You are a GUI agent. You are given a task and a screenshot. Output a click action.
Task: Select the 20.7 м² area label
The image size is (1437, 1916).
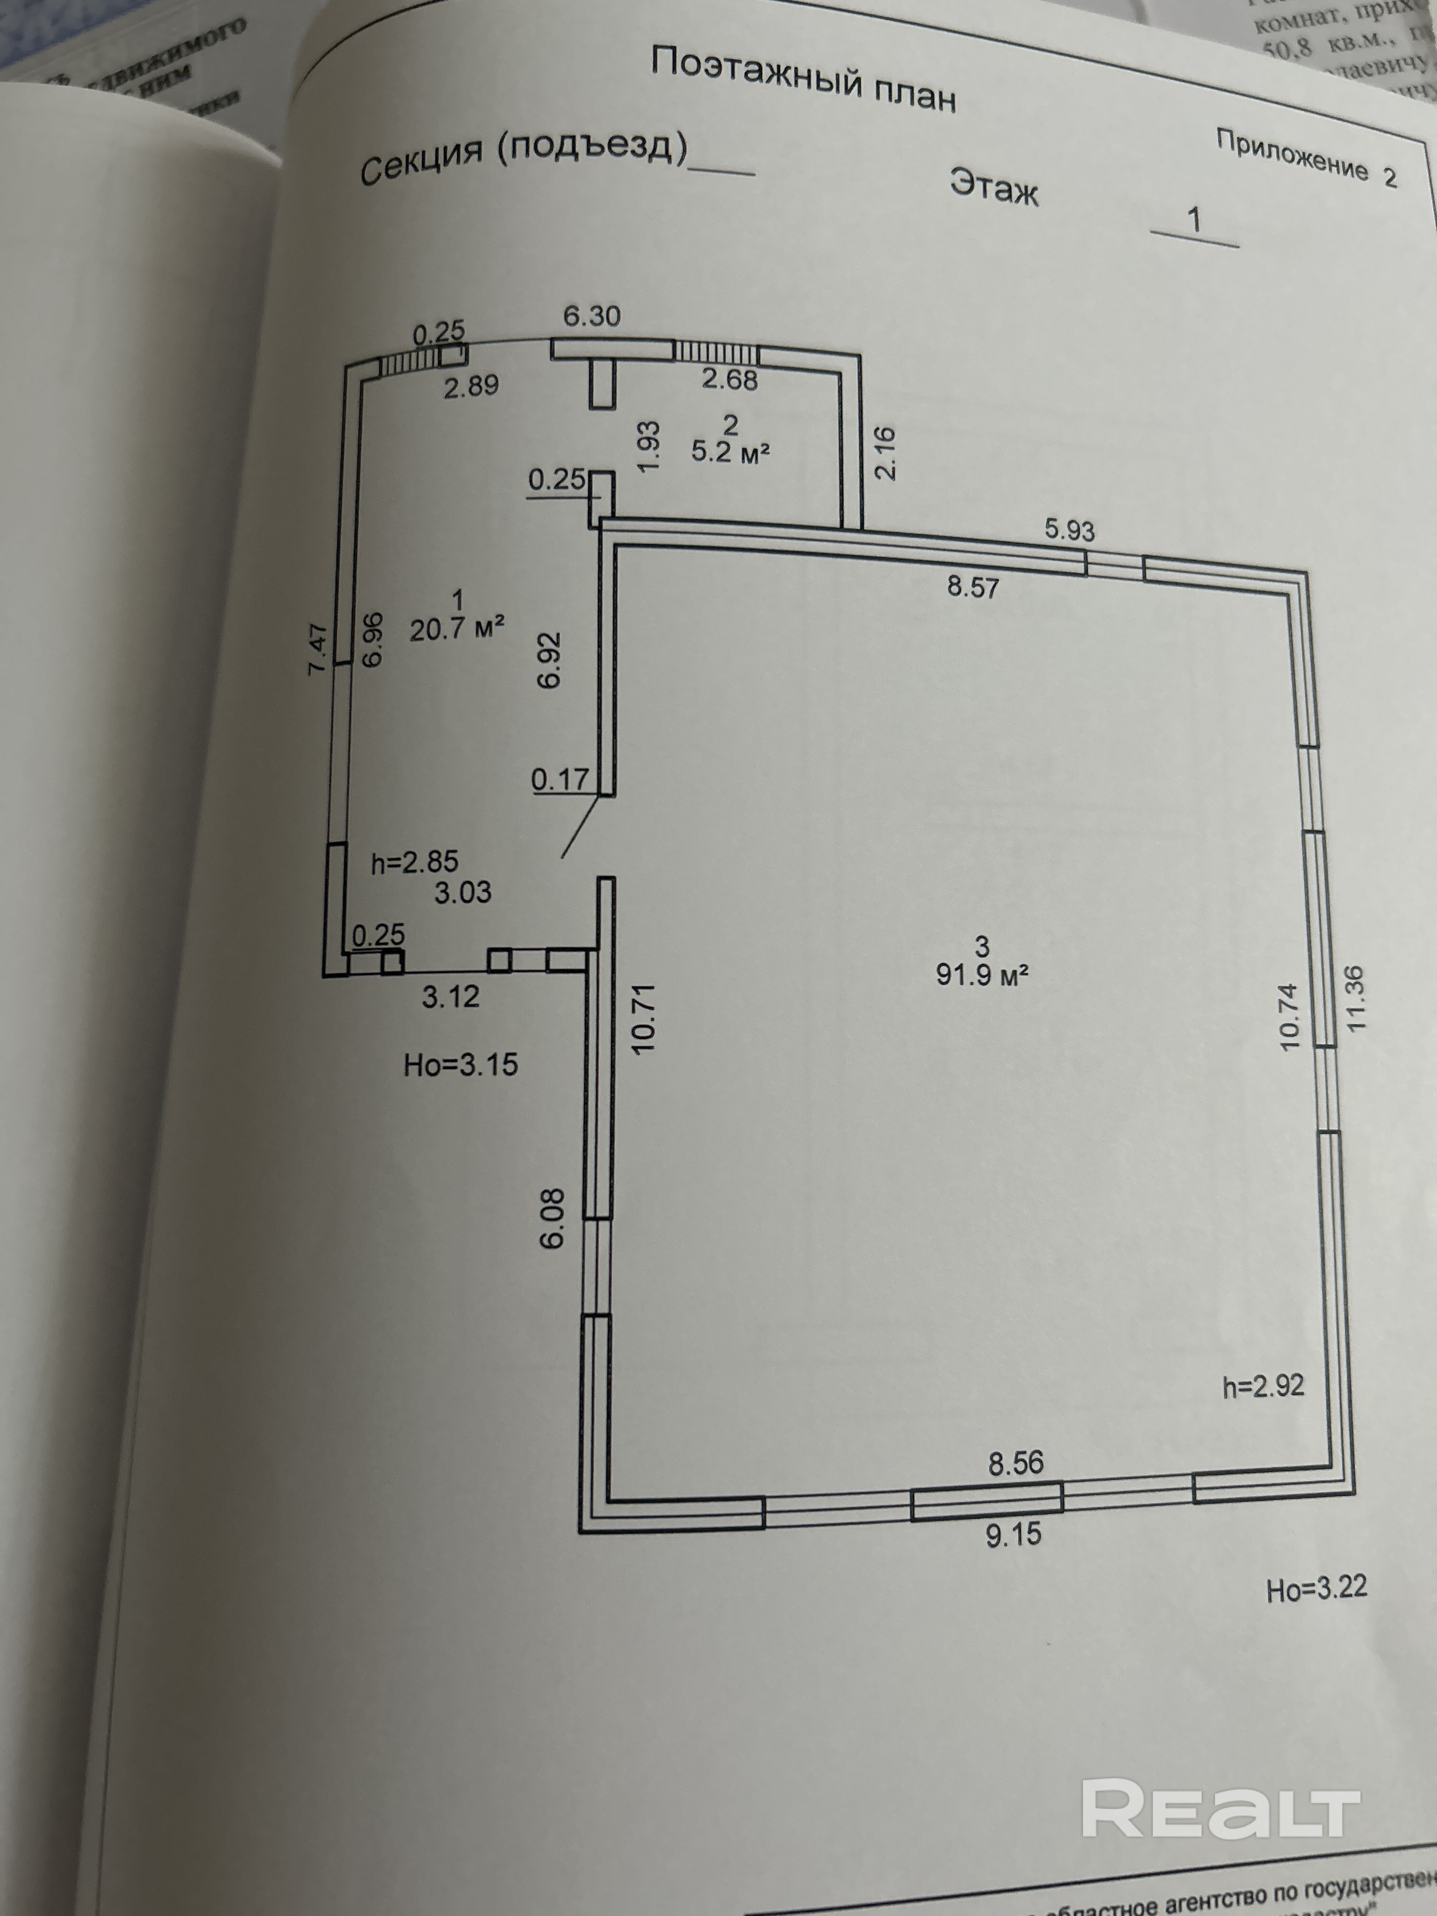pyautogui.click(x=457, y=628)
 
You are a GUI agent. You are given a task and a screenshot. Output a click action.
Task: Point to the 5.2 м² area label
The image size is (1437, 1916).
pyautogui.click(x=730, y=451)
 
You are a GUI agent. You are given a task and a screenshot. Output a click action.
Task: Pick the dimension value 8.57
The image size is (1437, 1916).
pyautogui.click(x=973, y=587)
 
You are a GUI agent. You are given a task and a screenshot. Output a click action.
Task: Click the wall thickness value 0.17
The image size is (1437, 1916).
pyautogui.click(x=560, y=780)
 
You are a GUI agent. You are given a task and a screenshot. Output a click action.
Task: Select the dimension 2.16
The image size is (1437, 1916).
pyautogui.click(x=885, y=453)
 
